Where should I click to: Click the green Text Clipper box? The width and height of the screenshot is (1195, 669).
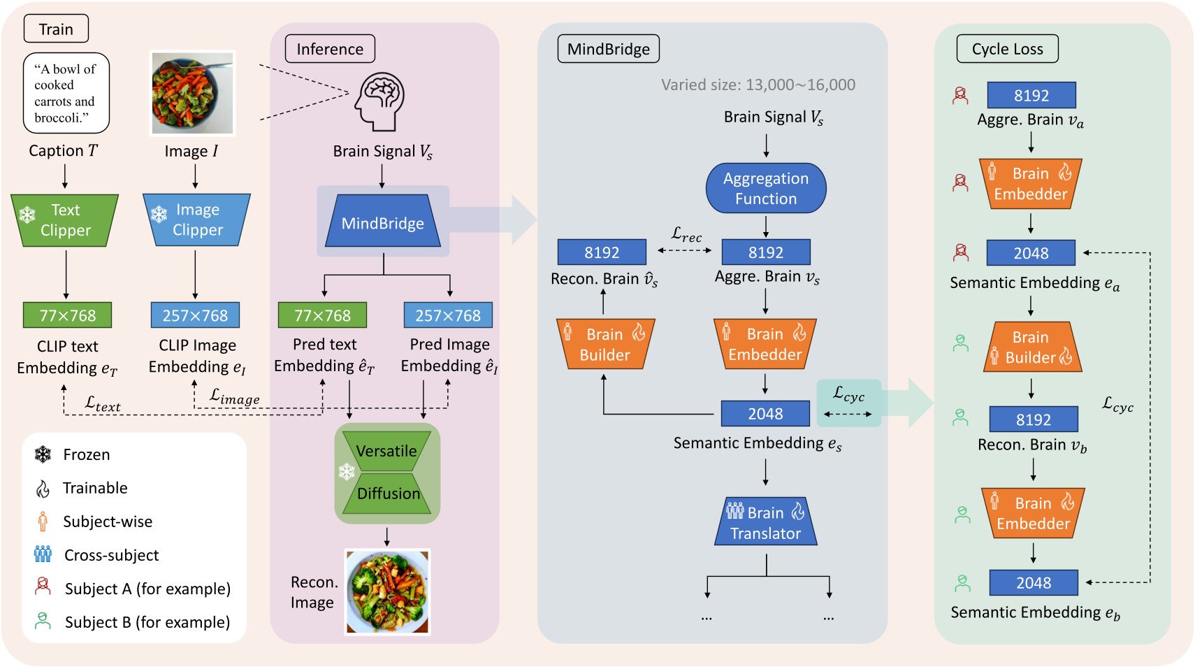(64, 220)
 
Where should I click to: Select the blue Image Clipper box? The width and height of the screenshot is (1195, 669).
(196, 220)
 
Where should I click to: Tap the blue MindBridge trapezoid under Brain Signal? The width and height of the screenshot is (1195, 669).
(383, 222)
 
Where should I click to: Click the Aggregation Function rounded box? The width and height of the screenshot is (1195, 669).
(766, 188)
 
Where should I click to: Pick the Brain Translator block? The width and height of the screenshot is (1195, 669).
(766, 522)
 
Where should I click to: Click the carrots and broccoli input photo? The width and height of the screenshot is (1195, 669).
(193, 93)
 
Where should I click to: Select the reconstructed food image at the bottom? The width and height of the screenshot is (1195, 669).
(388, 591)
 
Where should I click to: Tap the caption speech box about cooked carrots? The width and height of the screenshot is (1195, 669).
(66, 93)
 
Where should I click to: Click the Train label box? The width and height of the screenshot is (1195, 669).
(56, 29)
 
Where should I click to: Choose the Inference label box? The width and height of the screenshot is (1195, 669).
(330, 49)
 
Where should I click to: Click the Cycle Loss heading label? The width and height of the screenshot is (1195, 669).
(1007, 49)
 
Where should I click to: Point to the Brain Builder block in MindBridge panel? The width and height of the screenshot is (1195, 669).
(605, 345)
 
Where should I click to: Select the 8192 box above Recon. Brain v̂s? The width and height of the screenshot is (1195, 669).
(602, 252)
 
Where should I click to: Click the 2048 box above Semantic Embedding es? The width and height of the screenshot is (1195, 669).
(765, 413)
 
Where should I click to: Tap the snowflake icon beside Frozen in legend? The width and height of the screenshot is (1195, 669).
(43, 454)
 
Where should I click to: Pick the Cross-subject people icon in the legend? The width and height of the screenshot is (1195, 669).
(43, 554)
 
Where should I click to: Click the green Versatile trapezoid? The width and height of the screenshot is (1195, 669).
(386, 451)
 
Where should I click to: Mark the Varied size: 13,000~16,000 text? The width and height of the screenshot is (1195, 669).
(758, 85)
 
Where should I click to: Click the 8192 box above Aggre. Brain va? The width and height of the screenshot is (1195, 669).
(1031, 95)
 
